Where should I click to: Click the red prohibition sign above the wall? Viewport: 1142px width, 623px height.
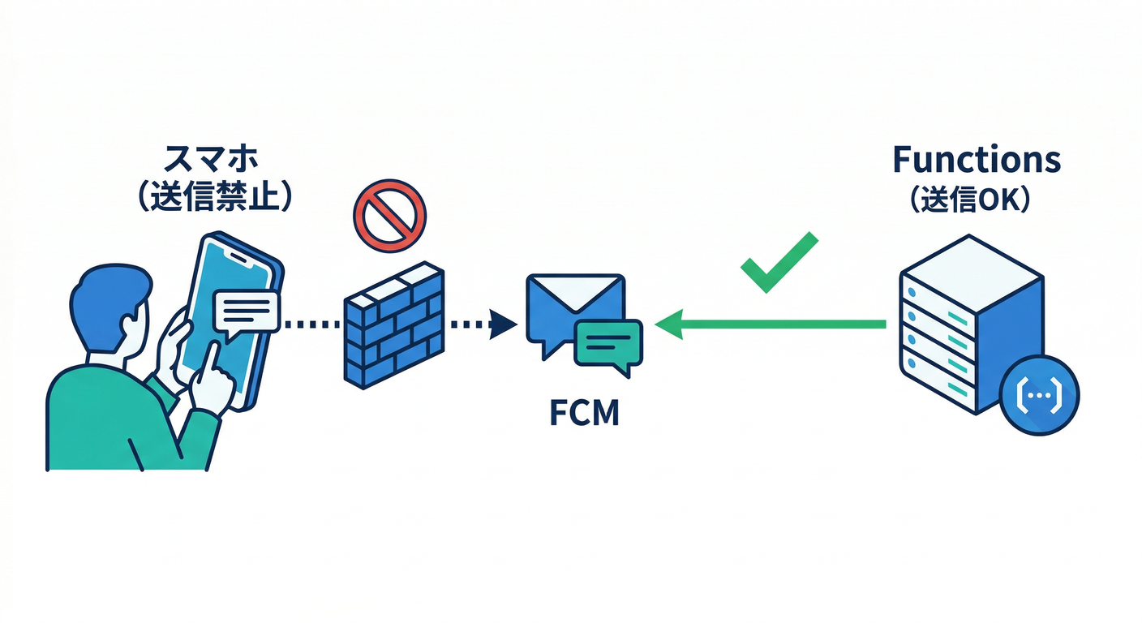[389, 213]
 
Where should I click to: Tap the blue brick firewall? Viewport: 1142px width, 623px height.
[394, 324]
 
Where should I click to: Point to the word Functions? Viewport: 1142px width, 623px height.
[977, 160]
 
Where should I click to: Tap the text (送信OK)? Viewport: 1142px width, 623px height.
[971, 199]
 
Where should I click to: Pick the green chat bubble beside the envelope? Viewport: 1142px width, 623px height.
[607, 343]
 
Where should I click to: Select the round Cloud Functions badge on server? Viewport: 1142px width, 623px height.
[1039, 395]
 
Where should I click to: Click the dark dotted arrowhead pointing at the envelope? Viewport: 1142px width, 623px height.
[504, 324]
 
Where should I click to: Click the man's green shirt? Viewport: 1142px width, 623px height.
[97, 422]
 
